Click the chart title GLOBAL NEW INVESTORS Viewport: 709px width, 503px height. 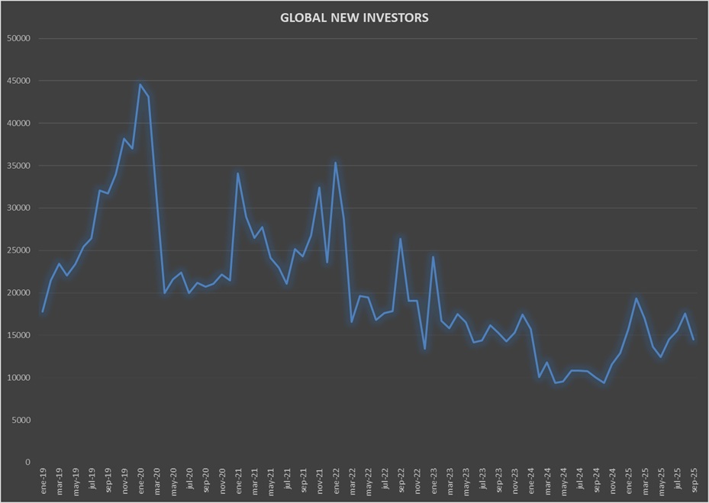(x=354, y=18)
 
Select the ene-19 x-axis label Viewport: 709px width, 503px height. (x=44, y=481)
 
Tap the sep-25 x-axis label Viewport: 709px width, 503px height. (x=694, y=481)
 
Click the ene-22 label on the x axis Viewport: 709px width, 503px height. (x=336, y=481)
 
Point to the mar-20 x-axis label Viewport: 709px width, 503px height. (x=157, y=481)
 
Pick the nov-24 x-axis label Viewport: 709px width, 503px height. (x=612, y=481)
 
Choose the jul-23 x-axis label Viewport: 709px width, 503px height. (x=482, y=481)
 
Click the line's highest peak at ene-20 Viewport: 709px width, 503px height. (x=140, y=85)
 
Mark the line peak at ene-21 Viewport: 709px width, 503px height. (x=238, y=173)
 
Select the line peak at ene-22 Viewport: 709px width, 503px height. (x=336, y=163)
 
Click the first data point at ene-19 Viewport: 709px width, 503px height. (x=43, y=312)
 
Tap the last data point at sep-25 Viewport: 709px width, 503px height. (x=693, y=340)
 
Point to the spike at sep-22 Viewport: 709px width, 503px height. (x=401, y=239)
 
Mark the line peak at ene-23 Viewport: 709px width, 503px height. (x=433, y=256)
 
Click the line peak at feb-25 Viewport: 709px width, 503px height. (x=636, y=298)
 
